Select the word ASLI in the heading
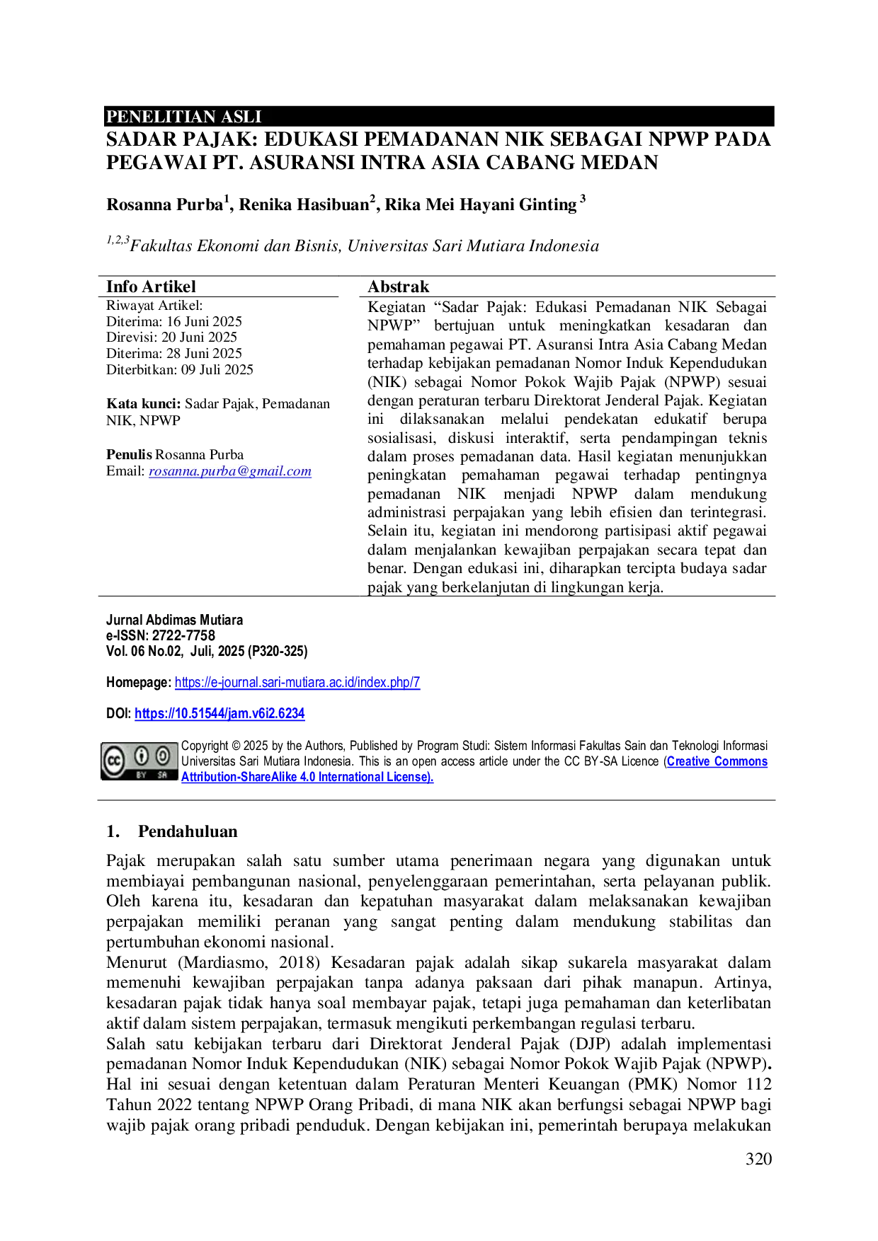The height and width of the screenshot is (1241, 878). (241, 117)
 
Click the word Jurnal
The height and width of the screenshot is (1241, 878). (124, 620)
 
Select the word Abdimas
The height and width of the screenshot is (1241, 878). (171, 620)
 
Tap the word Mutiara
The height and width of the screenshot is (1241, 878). (221, 620)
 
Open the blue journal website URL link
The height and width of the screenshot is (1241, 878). (299, 683)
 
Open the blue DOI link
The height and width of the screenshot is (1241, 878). (219, 715)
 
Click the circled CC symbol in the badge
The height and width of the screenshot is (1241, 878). (113, 761)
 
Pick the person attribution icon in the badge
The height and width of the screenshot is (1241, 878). (142, 756)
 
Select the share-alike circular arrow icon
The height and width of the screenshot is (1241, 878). (164, 756)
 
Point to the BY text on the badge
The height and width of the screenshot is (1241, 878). (142, 775)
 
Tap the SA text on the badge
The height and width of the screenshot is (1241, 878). (163, 775)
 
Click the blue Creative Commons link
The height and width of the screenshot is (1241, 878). (717, 762)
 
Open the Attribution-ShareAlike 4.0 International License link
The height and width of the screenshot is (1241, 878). (307, 777)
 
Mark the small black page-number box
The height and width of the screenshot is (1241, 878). (758, 1157)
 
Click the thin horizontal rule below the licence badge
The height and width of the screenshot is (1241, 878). (435, 801)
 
